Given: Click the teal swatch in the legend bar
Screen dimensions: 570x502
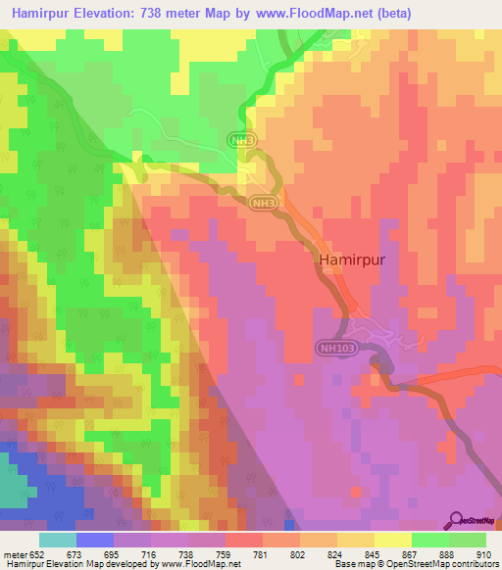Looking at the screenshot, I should (x=58, y=540).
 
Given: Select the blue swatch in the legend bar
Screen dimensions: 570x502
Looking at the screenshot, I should (x=95, y=540).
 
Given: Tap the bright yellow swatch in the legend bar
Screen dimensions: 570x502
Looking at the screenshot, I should (x=392, y=540).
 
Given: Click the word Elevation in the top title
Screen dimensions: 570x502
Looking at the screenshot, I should (x=108, y=13).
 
